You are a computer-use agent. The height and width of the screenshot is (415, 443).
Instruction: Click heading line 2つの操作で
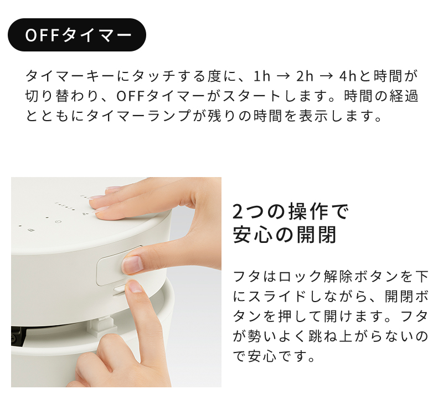(x=291, y=211)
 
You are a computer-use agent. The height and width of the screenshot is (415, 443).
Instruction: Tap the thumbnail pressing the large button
(x=132, y=264)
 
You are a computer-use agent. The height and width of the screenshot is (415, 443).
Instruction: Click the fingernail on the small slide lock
(x=135, y=286)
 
